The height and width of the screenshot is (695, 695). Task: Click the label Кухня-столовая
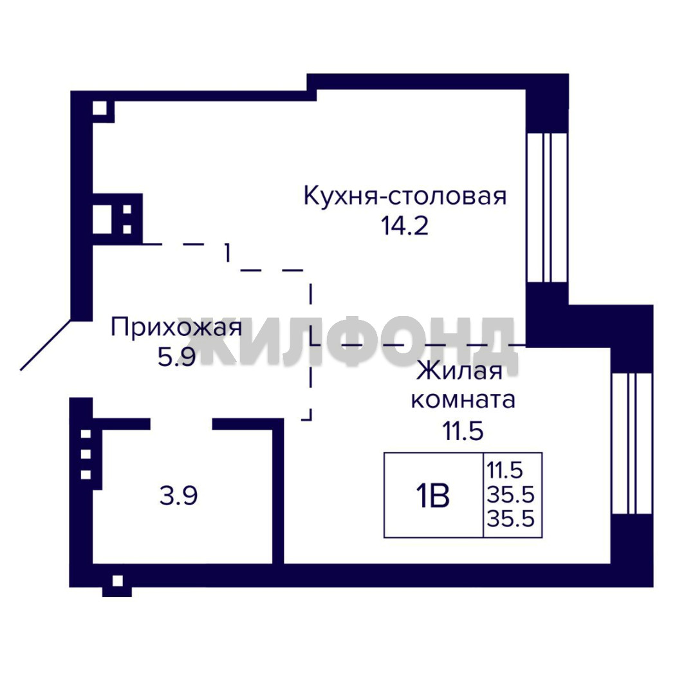(405, 196)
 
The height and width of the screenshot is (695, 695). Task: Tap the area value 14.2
(405, 226)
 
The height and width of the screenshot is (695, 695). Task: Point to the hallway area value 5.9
(176, 357)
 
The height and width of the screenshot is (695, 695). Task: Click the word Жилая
(459, 371)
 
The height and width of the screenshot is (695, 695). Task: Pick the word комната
(463, 400)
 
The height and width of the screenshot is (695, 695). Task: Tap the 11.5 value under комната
(463, 431)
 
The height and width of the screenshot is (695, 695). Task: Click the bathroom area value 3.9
(179, 496)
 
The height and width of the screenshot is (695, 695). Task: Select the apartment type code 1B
(432, 495)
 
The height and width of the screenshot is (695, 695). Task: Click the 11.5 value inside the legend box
(505, 470)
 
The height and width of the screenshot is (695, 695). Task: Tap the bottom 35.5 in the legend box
(510, 518)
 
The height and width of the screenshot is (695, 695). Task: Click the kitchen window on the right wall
(547, 207)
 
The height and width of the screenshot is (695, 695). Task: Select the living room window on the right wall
(632, 443)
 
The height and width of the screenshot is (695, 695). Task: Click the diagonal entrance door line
(46, 345)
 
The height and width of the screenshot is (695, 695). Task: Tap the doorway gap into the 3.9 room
(181, 423)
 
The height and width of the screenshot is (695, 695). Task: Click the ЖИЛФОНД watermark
(347, 341)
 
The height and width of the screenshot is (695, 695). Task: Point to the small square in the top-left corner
(100, 108)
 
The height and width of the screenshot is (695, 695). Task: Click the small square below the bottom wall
(118, 580)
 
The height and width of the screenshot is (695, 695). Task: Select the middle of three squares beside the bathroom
(86, 454)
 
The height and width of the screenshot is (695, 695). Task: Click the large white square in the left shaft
(102, 219)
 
